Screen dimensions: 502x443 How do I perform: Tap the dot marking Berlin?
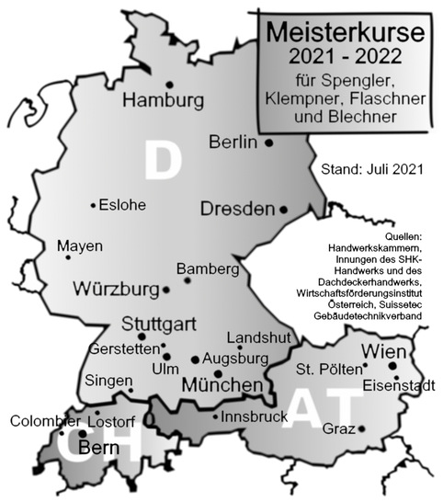tap(269, 143)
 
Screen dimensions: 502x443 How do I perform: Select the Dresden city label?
tap(237, 209)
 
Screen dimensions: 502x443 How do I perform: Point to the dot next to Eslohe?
tap(93, 205)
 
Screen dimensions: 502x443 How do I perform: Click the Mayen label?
tap(80, 246)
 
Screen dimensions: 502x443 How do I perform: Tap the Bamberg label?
tap(208, 268)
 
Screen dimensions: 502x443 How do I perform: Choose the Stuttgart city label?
tap(161, 325)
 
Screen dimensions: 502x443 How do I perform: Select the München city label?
tap(223, 385)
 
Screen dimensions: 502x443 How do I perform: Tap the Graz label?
tap(339, 428)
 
